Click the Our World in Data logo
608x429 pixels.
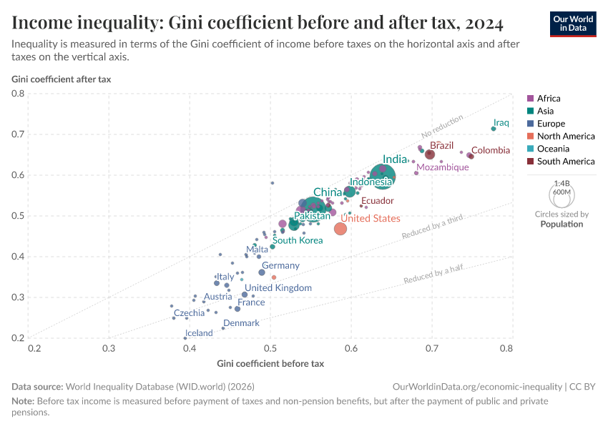point(573,24)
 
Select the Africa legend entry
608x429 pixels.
point(549,99)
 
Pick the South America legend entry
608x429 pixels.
point(565,162)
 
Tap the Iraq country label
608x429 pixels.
point(501,122)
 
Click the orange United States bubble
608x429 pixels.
point(340,229)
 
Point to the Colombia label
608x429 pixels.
point(491,150)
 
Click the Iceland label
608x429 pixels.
point(200,333)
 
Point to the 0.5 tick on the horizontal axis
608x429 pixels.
point(270,348)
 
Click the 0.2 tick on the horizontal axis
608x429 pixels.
point(34,348)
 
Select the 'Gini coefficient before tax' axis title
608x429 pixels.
point(270,364)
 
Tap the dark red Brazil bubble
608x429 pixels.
point(430,154)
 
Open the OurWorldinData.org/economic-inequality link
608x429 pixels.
point(472,387)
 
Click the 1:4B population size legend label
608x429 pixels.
point(562,184)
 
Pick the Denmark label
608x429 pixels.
point(241,323)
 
